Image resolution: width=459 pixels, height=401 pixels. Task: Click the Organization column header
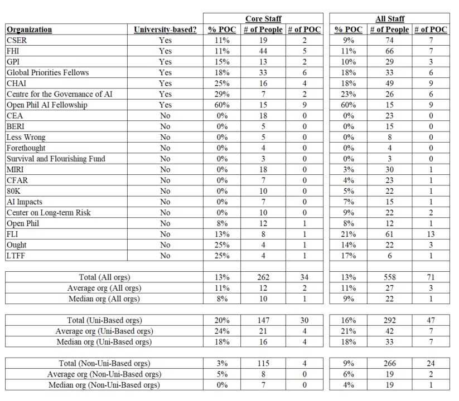pos(30,30)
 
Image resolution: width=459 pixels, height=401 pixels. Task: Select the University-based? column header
pos(165,30)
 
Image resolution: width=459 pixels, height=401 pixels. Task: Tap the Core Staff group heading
pos(263,19)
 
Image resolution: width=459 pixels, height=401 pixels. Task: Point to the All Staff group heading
pos(390,19)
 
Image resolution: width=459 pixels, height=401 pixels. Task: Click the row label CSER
pos(17,40)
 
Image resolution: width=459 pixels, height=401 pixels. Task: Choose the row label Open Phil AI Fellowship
pos(47,105)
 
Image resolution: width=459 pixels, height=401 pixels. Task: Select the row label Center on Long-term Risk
pos(49,213)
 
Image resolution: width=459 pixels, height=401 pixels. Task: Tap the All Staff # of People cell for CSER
pos(389,40)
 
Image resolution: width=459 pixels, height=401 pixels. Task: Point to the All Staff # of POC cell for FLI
pos(431,234)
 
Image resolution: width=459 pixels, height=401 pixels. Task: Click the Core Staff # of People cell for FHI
pos(263,51)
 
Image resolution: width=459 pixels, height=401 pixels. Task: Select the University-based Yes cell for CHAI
pos(165,84)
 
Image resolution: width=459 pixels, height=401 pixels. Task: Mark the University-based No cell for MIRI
pos(165,169)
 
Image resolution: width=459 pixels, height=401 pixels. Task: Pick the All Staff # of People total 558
pos(389,277)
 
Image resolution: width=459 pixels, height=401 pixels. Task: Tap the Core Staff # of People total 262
pos(263,277)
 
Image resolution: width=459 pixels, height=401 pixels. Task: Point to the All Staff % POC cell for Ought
pos(349,245)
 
